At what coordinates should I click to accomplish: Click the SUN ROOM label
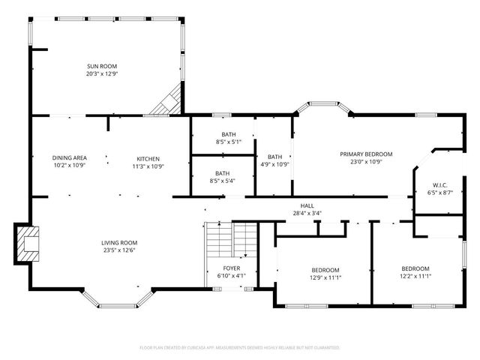pos(102,66)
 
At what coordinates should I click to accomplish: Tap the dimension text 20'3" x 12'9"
pos(102,73)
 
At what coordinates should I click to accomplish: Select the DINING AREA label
pos(69,157)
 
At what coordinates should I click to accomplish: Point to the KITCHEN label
pos(148,157)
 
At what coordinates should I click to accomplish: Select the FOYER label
pos(232,268)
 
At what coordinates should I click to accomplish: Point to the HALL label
pos(307,205)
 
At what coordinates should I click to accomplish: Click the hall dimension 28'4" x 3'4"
pos(307,212)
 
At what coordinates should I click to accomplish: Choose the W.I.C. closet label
pos(439,185)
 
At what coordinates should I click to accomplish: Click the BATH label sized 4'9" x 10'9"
pos(274,157)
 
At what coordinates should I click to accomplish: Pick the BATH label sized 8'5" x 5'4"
pos(223,173)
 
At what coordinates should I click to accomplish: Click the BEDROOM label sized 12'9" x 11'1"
pos(325,269)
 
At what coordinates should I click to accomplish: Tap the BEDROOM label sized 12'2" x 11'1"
pos(415,268)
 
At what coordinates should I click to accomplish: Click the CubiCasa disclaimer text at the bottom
pos(240,348)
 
